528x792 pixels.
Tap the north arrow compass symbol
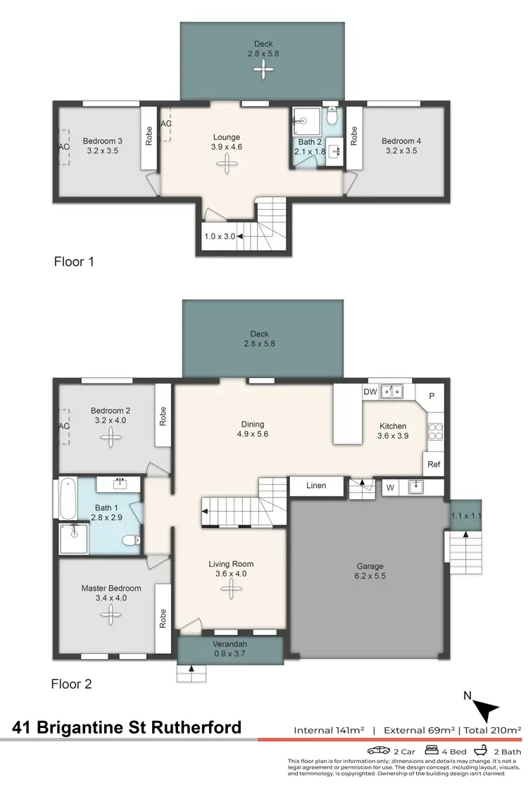point(485,708)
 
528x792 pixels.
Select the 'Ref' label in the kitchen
point(434,464)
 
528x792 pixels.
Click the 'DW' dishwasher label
point(370,391)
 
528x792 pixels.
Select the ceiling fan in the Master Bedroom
point(111,615)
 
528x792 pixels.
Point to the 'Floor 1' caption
point(74,262)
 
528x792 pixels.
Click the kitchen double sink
point(392,391)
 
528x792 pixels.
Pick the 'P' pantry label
point(432,396)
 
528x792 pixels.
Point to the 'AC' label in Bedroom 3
point(63,147)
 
